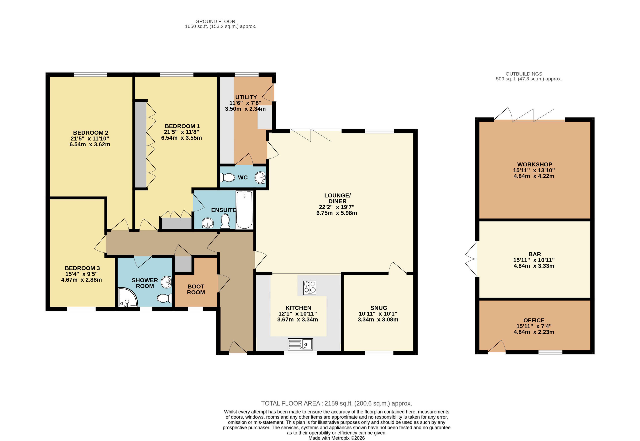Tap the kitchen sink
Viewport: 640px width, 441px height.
pyautogui.click(x=300, y=344)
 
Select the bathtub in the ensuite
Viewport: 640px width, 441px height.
pyautogui.click(x=244, y=210)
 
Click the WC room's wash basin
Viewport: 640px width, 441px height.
pyautogui.click(x=260, y=177)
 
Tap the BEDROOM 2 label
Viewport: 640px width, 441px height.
pyautogui.click(x=91, y=133)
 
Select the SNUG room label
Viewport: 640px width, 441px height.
pyautogui.click(x=378, y=308)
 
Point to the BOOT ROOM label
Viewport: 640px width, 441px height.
pyautogui.click(x=196, y=289)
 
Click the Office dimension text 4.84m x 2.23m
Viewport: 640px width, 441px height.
pyautogui.click(x=534, y=332)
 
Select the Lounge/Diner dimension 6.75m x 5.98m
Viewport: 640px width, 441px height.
pyautogui.click(x=336, y=213)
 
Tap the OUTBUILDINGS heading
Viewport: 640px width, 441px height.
pyautogui.click(x=524, y=74)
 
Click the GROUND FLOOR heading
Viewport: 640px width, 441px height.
pyautogui.click(x=215, y=21)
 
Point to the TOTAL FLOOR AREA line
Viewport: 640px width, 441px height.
pyautogui.click(x=336, y=403)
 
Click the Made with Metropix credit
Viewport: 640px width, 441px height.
pyautogui.click(x=336, y=438)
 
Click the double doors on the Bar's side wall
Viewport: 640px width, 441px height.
pyautogui.click(x=472, y=259)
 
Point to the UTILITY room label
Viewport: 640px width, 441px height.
pyautogui.click(x=246, y=97)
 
